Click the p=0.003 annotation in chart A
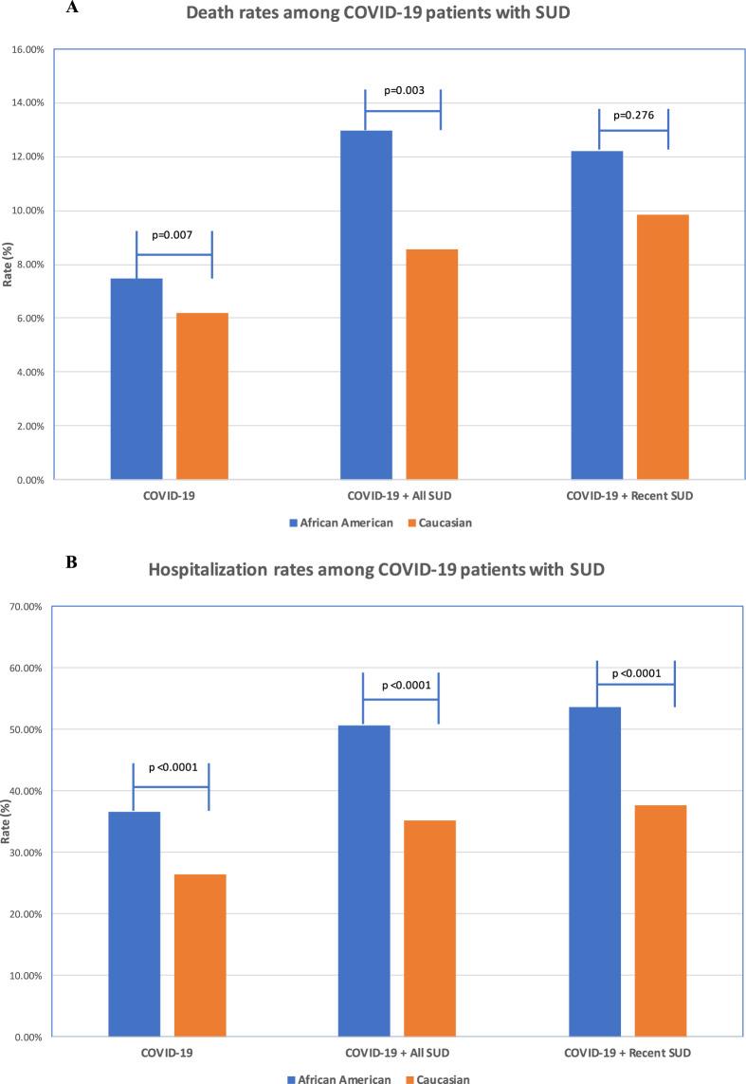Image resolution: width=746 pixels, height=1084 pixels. (404, 91)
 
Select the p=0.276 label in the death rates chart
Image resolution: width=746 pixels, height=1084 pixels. (634, 115)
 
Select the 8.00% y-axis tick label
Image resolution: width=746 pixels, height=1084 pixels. (31, 265)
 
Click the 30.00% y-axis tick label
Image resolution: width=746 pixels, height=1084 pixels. (29, 853)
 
